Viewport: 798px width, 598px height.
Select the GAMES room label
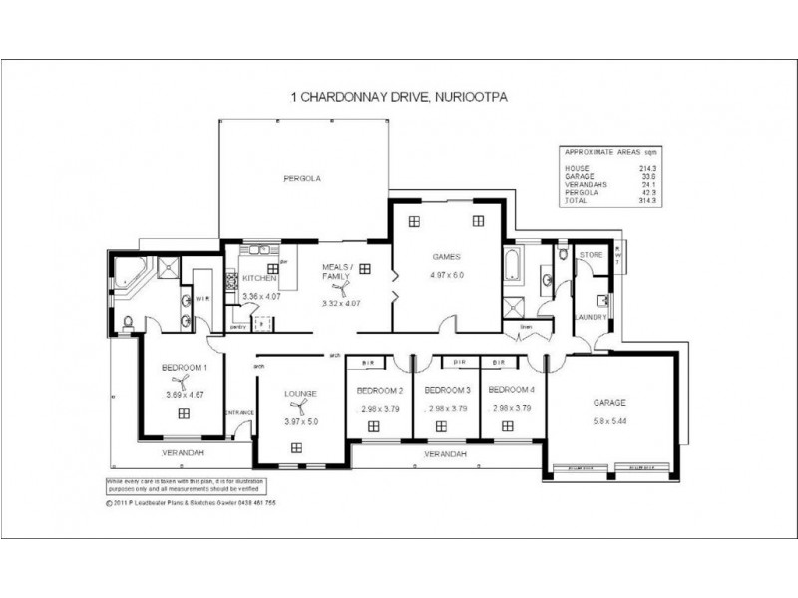[445, 256]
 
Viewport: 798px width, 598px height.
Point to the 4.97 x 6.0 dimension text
[447, 275]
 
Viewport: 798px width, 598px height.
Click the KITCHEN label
[258, 279]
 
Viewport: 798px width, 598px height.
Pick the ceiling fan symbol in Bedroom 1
[181, 381]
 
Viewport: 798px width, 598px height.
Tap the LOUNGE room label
[300, 394]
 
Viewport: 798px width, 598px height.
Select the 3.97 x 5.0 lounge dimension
[300, 422]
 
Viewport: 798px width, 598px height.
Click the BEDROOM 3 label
[446, 390]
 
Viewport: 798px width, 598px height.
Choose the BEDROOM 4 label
[513, 390]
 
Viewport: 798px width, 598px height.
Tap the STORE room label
[592, 256]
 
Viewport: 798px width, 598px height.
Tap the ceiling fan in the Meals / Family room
[342, 289]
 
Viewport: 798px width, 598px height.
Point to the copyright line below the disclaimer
[190, 503]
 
